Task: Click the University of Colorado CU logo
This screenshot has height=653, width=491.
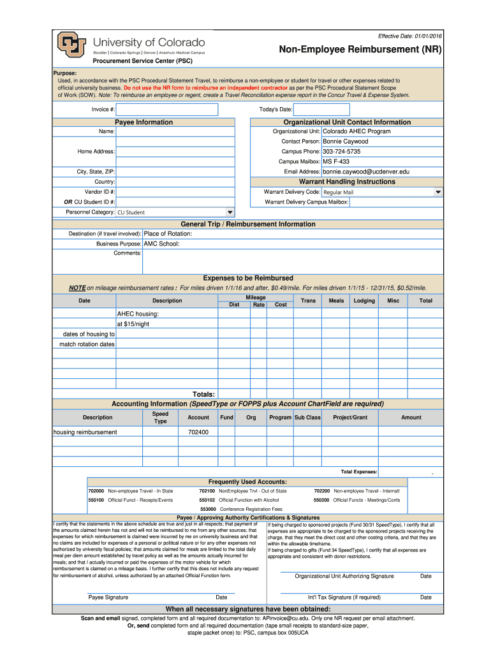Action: coord(70,44)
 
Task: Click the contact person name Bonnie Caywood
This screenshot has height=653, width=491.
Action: coord(346,141)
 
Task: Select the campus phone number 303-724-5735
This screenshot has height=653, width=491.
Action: coord(342,151)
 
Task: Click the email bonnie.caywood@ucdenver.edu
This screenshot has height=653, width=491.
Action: coord(366,172)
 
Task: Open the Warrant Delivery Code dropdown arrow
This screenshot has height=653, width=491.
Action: coord(437,192)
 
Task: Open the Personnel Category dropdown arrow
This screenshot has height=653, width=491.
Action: coord(230,212)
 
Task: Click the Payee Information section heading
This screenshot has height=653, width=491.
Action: coord(143,122)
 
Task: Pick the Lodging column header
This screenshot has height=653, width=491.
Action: coord(364,300)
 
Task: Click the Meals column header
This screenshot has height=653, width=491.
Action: coord(336,300)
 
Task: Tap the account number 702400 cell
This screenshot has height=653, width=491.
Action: coord(198,432)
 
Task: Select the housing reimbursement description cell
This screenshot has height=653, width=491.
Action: coord(85,432)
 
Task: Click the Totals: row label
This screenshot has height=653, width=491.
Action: coord(203,394)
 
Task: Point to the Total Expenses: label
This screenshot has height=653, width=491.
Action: coord(359,471)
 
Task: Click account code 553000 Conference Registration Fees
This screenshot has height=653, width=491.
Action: coord(242,509)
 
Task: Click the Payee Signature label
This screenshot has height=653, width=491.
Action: coord(108,598)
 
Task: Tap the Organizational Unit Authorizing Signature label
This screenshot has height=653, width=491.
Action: coord(344,576)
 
